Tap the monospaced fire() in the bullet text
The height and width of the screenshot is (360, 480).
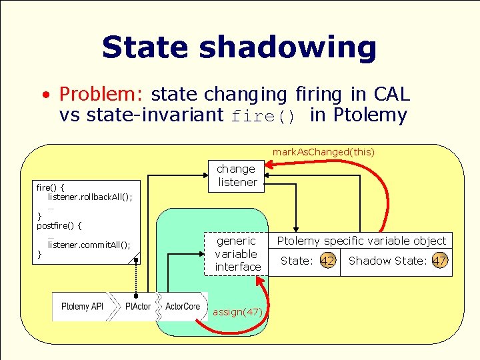click(x=263, y=116)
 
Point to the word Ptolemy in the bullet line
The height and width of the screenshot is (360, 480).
click(x=370, y=115)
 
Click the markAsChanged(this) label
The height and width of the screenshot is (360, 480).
click(x=323, y=152)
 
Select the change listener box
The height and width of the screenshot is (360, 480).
click(x=237, y=175)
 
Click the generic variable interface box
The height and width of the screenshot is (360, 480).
click(x=237, y=254)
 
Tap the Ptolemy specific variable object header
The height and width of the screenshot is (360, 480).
click(x=361, y=241)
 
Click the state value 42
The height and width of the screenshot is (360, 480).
click(x=327, y=261)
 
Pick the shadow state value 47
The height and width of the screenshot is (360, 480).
click(x=439, y=261)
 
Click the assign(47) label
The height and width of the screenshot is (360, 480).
click(x=237, y=312)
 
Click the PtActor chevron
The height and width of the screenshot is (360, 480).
click(x=138, y=307)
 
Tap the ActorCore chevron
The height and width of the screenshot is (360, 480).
click(x=182, y=307)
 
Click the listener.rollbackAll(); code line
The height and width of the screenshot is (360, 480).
click(x=90, y=197)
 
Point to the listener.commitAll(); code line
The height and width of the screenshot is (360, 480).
click(x=89, y=245)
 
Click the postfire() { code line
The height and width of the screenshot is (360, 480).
click(x=59, y=226)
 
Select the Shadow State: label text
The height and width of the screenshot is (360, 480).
click(x=387, y=261)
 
